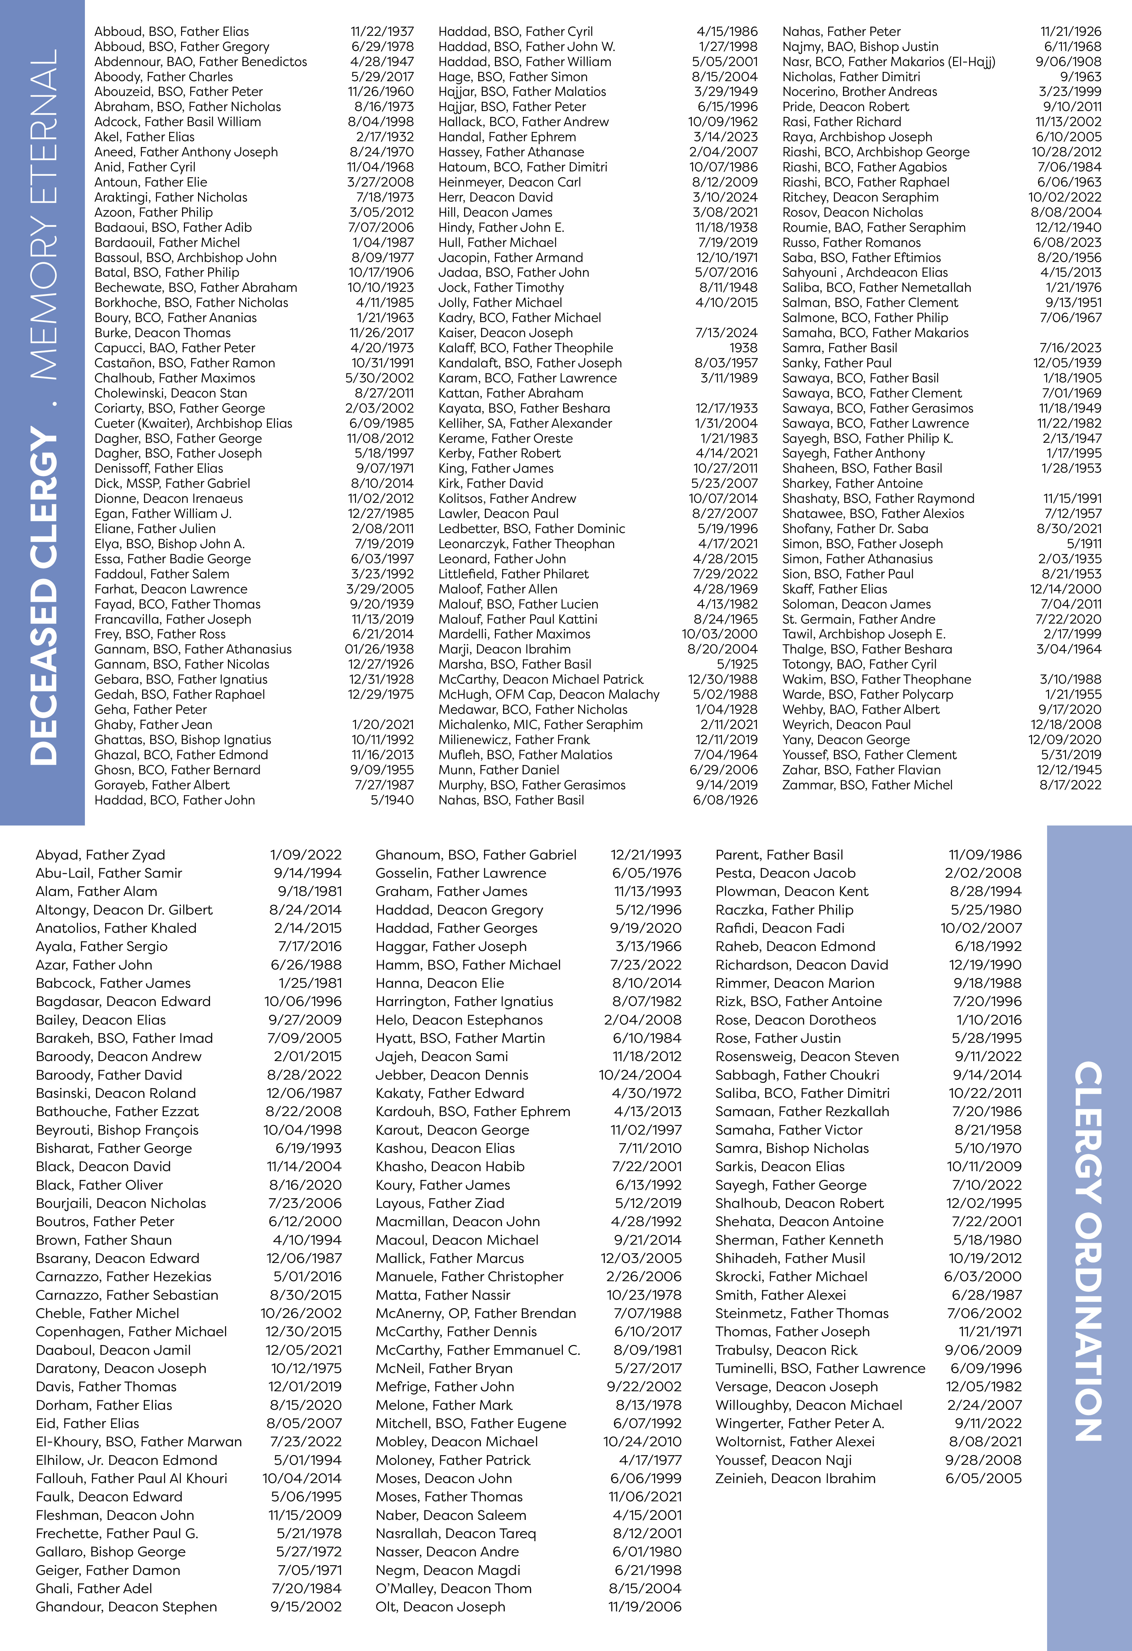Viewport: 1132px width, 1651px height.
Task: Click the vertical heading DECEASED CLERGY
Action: click(x=44, y=597)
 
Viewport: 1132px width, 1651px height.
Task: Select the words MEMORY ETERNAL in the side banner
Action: click(x=44, y=213)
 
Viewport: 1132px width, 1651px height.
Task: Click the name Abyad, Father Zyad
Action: click(x=100, y=855)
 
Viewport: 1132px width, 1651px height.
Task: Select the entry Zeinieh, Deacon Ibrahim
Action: click(x=795, y=1478)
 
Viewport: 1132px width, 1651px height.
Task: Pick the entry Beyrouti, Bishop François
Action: click(x=117, y=1130)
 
